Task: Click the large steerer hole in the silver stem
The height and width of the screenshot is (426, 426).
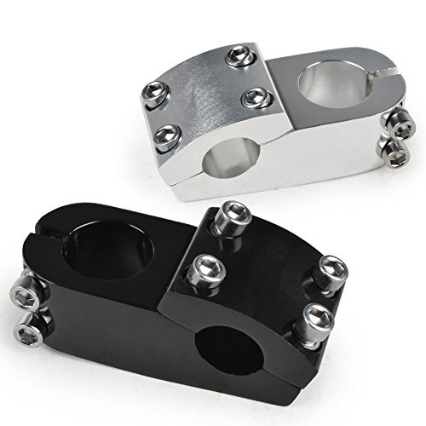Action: click(x=322, y=85)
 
